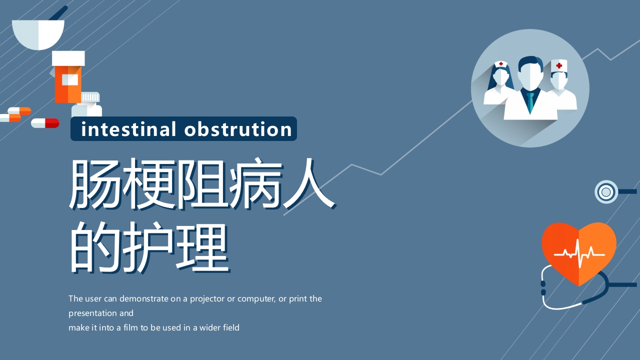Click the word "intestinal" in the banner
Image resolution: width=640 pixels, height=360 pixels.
coord(128,129)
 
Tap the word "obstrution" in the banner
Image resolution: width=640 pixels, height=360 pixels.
coord(238,129)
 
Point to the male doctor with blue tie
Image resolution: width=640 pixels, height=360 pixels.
coord(530,90)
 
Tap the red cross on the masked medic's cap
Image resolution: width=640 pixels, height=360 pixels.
coord(559,65)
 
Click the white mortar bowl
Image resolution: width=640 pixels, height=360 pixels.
coord(38,34)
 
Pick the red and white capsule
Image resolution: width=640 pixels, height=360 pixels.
coord(45,123)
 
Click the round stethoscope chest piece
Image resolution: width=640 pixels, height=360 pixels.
coord(606,191)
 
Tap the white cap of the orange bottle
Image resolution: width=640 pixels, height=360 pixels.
coord(68,58)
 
